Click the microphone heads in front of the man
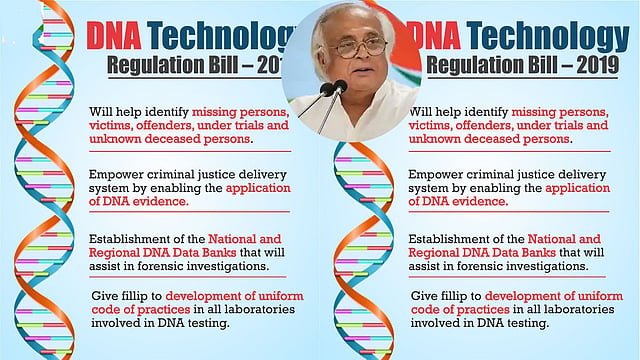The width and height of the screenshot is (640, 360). pos(333,88)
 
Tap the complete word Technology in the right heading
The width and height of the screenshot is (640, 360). pos(548,38)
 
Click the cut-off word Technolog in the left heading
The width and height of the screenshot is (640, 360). pos(221,38)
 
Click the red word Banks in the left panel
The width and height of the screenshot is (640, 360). pos(219,252)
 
